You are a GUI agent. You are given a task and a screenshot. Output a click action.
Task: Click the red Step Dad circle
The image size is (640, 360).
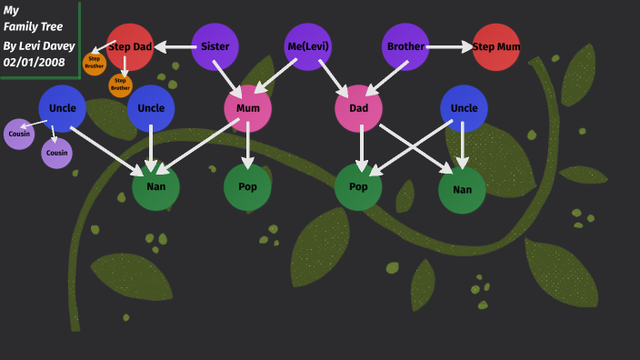coord(130,46)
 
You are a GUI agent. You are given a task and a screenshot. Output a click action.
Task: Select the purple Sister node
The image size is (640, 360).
coord(215,46)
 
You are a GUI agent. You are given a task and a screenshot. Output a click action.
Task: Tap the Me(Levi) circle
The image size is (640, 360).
coord(308,46)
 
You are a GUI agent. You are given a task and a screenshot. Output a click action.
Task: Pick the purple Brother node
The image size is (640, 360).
coord(405,46)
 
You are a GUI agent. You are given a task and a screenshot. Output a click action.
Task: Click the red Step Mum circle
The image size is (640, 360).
coord(496,46)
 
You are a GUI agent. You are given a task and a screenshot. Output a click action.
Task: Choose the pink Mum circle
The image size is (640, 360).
coord(247,108)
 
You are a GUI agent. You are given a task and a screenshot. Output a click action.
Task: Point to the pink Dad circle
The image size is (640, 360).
coord(358,108)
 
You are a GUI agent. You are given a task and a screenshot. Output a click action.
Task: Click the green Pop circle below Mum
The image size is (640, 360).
coord(247,186)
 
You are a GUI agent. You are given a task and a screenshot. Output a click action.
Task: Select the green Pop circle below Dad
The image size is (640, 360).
coord(358,186)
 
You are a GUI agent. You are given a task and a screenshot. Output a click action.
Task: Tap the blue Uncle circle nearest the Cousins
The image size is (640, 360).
coord(63,108)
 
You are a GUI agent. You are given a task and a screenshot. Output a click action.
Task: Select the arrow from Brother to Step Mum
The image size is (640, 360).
coord(450,46)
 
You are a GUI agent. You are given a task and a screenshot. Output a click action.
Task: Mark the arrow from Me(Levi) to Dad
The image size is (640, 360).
coord(333,77)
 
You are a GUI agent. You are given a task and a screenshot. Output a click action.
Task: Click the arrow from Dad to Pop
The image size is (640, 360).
coord(361,148)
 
